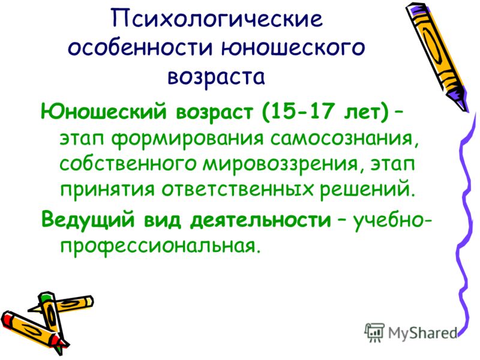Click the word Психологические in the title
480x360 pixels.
point(217,19)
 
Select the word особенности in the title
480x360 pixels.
point(140,47)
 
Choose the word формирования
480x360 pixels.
point(187,140)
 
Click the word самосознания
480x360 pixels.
point(344,139)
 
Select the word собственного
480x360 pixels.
point(128,164)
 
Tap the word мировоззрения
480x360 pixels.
point(280,164)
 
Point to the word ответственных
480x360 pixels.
point(238,190)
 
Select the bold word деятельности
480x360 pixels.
point(260,220)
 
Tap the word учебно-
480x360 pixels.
point(393,220)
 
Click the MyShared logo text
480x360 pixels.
point(422,333)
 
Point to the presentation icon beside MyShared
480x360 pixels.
point(374,332)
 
